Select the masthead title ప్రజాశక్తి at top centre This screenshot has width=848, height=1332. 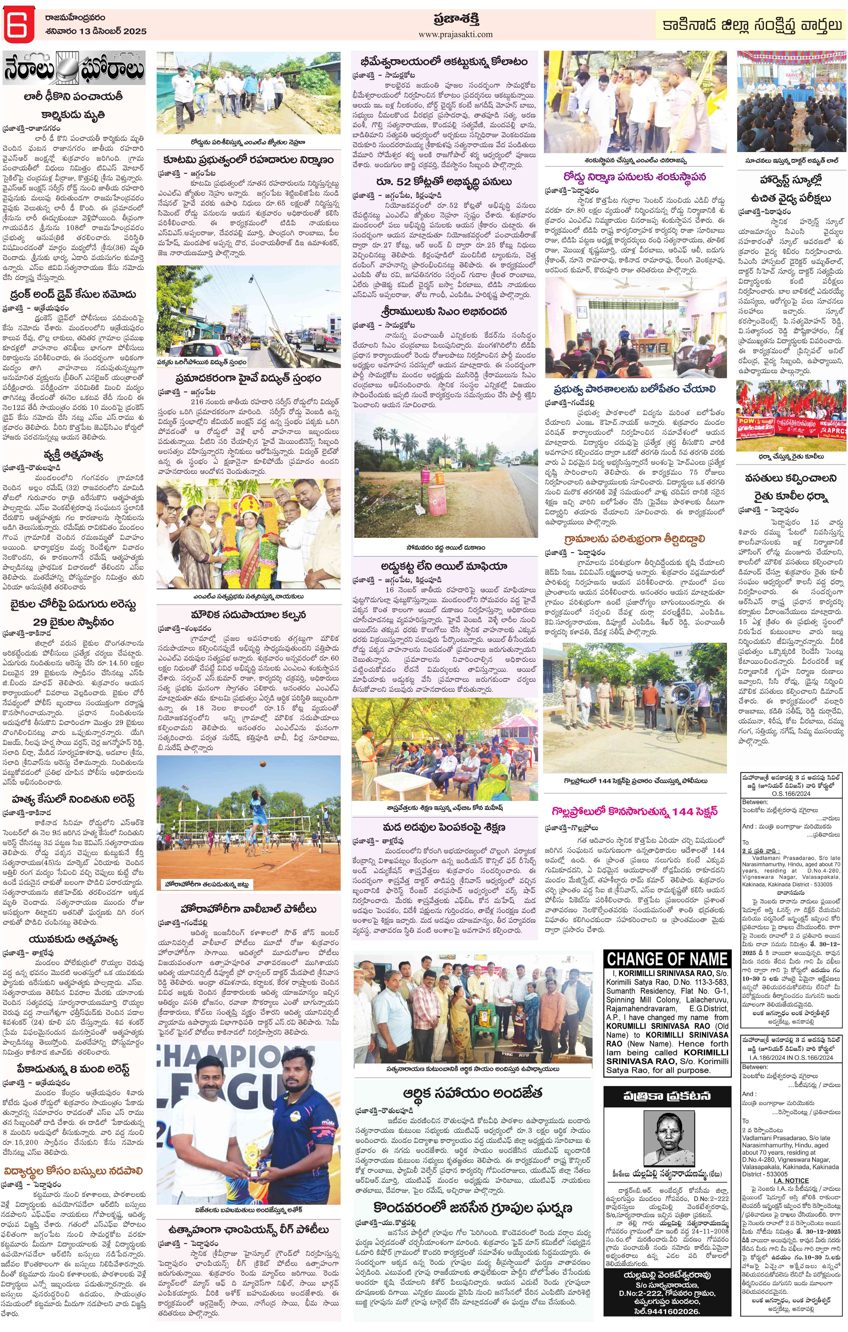pyautogui.click(x=456, y=18)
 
